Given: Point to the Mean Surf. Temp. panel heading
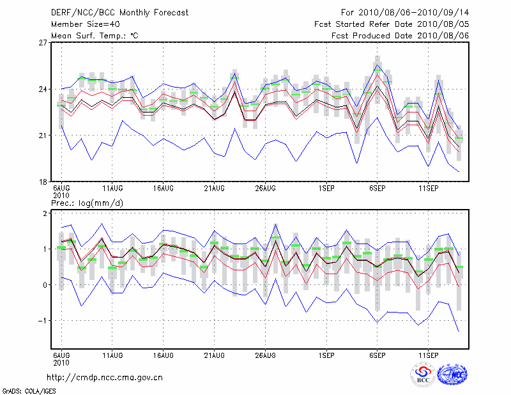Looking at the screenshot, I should point(95,35).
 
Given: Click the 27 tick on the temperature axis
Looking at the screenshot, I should point(43,43).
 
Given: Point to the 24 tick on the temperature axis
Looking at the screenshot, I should point(43,89).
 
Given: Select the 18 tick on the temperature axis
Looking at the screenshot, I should point(43,182).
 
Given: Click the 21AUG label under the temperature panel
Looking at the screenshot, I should point(214,189).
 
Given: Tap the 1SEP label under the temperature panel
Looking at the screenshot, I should point(326,189).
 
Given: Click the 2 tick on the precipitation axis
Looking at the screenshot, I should point(45,213).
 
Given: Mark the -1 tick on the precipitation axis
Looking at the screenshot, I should point(43,320).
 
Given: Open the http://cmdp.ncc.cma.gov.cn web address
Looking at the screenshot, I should point(105,377).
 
